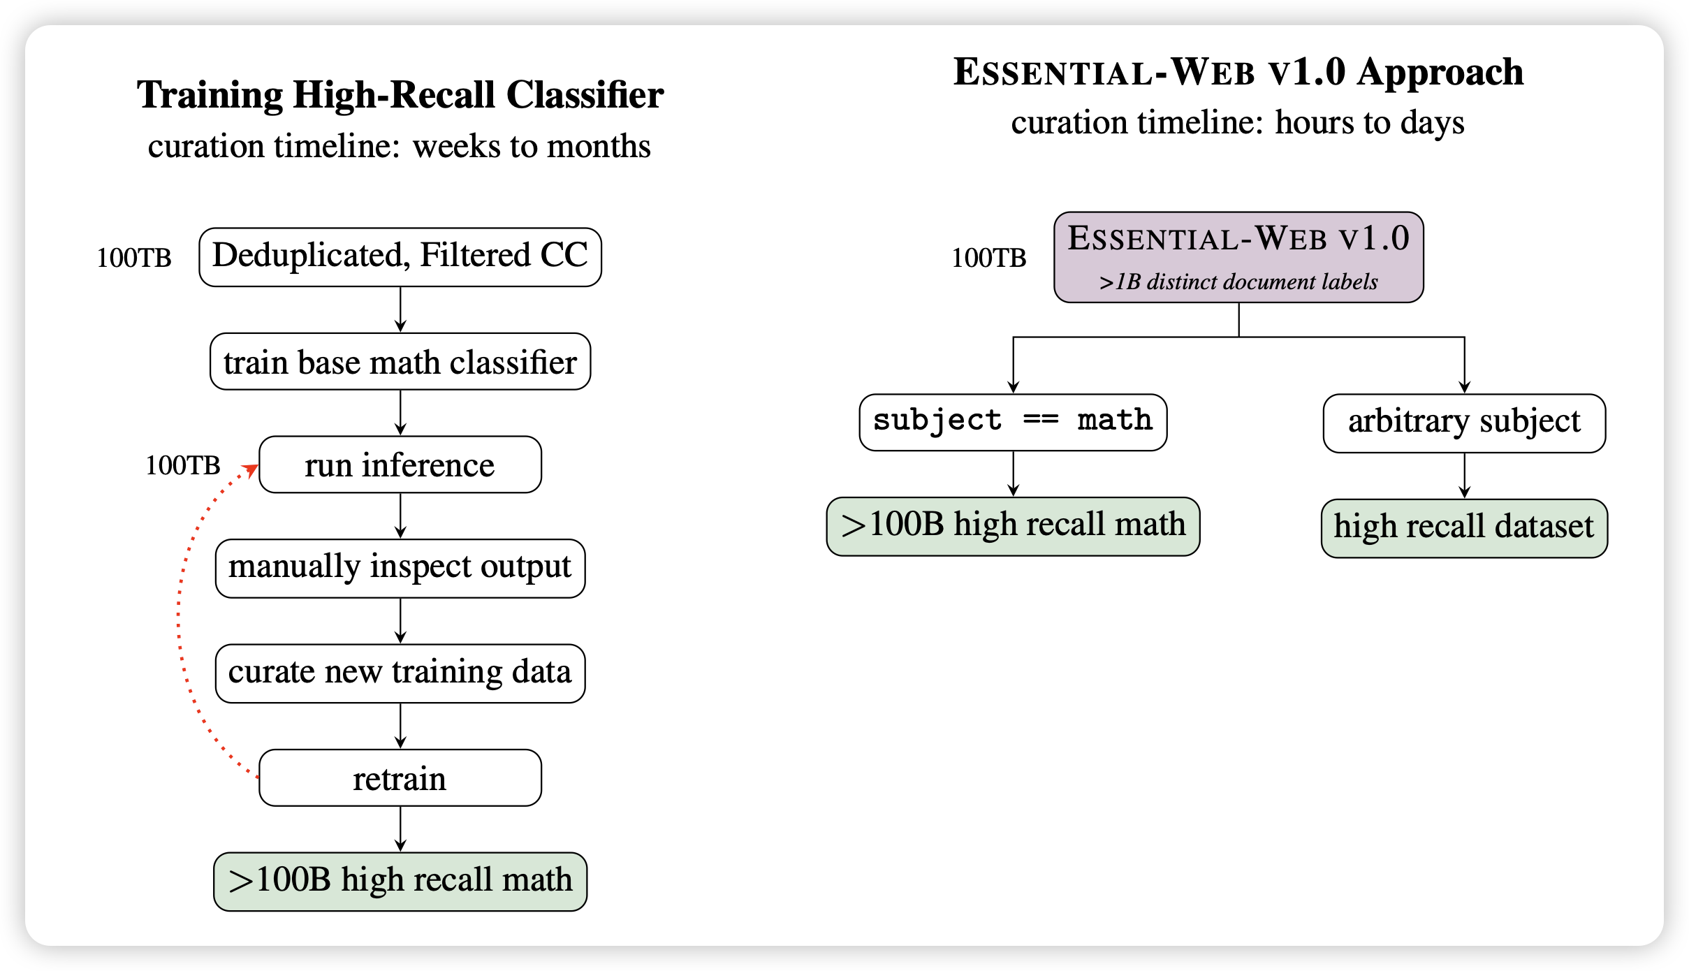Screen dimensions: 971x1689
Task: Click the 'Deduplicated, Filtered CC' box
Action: [x=400, y=256]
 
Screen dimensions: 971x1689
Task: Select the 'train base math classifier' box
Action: [x=400, y=362]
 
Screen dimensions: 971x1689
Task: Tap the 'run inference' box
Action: [x=400, y=465]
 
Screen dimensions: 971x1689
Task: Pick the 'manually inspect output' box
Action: [x=400, y=568]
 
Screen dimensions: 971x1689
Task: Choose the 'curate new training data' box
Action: [x=400, y=673]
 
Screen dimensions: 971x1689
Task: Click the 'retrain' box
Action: [x=400, y=777]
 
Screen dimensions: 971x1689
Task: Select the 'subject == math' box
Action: [x=1013, y=422]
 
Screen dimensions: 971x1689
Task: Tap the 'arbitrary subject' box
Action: [x=1464, y=423]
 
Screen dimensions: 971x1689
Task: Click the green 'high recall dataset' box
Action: [x=1464, y=527]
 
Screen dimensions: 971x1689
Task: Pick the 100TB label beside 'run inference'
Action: [x=183, y=465]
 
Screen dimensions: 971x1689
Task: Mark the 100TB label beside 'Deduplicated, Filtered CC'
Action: [x=134, y=258]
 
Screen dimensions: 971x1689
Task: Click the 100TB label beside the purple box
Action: [x=989, y=258]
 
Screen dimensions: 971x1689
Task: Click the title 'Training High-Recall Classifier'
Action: [x=400, y=95]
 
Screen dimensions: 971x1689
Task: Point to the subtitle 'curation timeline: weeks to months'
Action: [x=400, y=147]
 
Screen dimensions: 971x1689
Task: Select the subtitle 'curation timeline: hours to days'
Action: [x=1238, y=123]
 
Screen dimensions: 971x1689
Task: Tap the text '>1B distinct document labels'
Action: [x=1238, y=282]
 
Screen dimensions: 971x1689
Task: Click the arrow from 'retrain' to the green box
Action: [x=400, y=828]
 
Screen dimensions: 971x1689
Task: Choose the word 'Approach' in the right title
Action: [x=1440, y=72]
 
